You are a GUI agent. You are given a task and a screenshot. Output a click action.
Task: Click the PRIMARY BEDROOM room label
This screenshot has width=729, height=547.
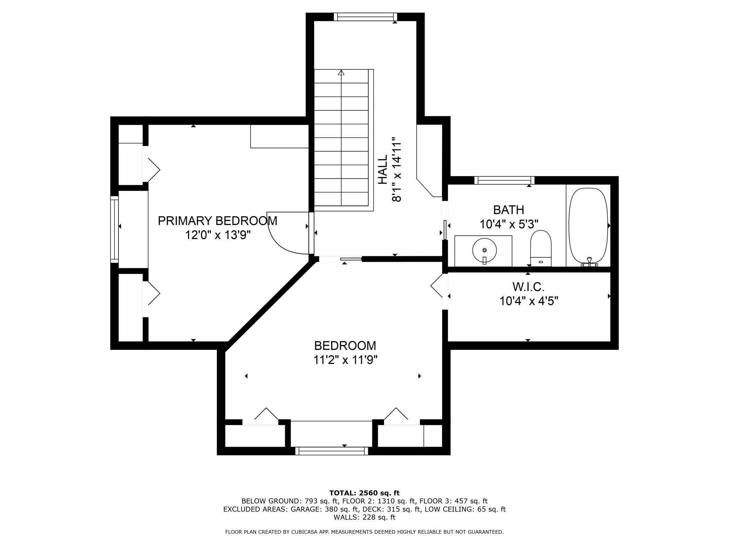[x=217, y=221]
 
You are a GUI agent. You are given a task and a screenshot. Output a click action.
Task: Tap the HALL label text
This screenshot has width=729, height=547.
[x=383, y=170]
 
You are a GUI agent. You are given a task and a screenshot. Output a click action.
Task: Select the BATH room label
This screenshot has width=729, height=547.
[x=509, y=210]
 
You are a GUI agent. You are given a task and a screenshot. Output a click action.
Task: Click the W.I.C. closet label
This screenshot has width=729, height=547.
[x=529, y=287]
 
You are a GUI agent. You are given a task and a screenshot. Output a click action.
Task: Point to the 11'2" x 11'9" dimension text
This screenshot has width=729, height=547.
[x=345, y=360]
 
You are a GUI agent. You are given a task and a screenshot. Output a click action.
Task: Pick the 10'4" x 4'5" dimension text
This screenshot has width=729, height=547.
[x=529, y=301]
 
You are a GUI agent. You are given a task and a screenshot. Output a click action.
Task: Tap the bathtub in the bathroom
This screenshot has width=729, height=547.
[x=588, y=227]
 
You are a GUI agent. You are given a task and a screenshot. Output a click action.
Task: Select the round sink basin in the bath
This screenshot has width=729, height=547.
[x=485, y=250]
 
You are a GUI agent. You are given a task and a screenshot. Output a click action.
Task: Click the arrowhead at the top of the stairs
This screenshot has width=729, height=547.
[x=341, y=73]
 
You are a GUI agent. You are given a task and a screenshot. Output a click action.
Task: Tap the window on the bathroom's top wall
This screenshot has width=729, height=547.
[x=504, y=180]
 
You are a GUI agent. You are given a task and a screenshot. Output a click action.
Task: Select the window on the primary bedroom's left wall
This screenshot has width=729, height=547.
[x=114, y=229]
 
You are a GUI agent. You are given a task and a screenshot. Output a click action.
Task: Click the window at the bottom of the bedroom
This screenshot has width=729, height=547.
[x=332, y=451]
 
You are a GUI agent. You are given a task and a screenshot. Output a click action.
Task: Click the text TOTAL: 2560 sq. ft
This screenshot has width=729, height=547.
[x=364, y=493]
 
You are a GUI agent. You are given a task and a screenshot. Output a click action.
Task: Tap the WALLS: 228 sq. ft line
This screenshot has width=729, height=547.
[x=364, y=517]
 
